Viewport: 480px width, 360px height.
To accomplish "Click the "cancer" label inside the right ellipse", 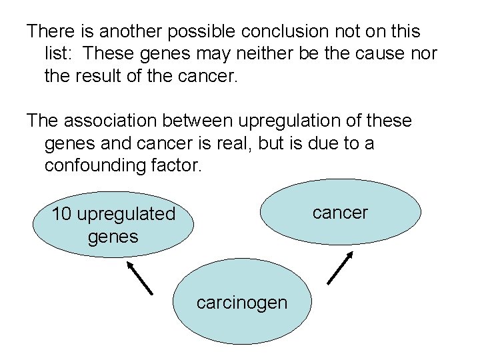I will point(340,213).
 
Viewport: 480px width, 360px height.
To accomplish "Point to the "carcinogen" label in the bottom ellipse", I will point(242,303).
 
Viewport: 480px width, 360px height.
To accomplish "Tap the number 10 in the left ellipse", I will point(62,214).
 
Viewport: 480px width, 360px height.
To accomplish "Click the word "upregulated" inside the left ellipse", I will point(125,215).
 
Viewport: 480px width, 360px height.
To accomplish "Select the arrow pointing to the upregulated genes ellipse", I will point(139,277).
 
